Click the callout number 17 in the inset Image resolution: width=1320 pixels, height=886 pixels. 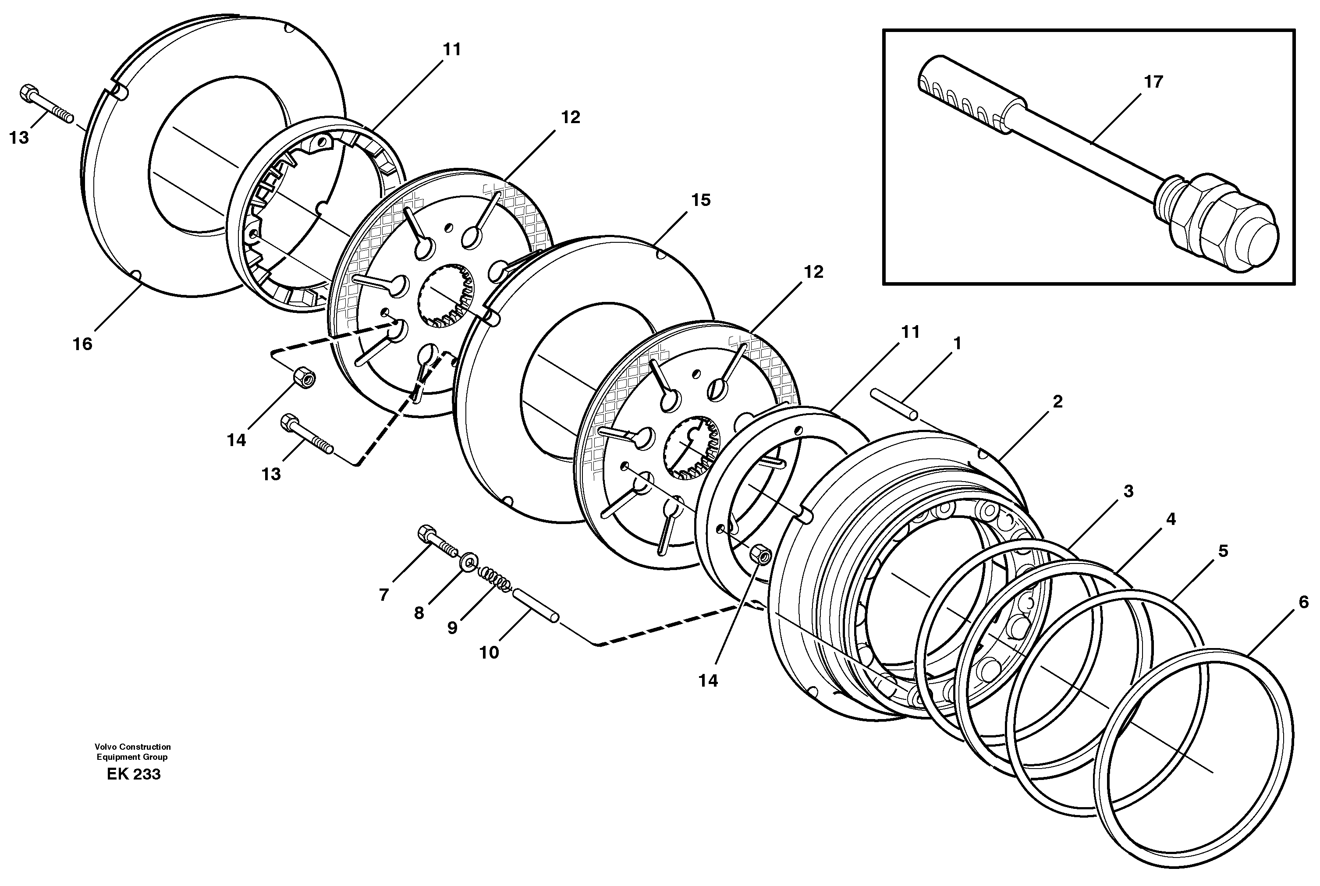tap(1153, 82)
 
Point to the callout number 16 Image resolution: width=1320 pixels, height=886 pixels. tap(82, 344)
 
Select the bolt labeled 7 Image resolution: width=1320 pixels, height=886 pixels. tap(435, 540)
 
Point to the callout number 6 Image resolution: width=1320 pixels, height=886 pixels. tap(1303, 602)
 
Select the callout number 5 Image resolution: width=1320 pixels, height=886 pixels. tap(1223, 551)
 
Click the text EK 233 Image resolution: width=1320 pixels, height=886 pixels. tap(133, 774)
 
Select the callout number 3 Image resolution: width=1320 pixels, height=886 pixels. tap(1128, 491)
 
